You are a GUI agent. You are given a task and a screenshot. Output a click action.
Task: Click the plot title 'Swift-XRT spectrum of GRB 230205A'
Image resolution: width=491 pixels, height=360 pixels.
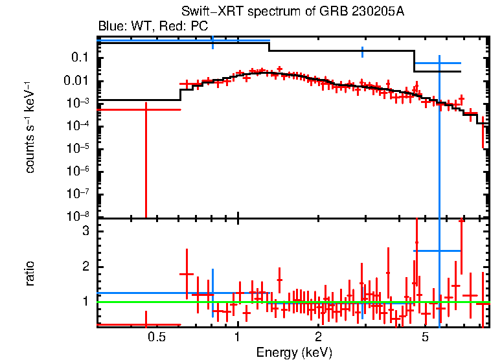pyautogui.click(x=295, y=12)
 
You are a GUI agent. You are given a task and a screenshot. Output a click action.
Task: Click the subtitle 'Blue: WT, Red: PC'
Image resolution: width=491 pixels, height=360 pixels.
pyautogui.click(x=152, y=26)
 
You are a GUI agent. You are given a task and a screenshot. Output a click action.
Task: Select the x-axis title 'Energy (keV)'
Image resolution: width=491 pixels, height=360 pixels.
pyautogui.click(x=294, y=352)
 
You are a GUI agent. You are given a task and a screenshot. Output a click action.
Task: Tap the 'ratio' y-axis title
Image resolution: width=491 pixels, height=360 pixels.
pyautogui.click(x=30, y=274)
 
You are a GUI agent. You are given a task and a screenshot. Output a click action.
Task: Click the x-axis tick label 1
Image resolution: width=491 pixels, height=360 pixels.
pyautogui.click(x=238, y=337)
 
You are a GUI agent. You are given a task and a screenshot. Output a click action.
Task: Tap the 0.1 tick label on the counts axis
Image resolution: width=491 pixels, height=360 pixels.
pyautogui.click(x=80, y=58)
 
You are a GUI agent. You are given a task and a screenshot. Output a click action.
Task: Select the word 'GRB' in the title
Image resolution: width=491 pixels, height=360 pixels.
pyautogui.click(x=343, y=12)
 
